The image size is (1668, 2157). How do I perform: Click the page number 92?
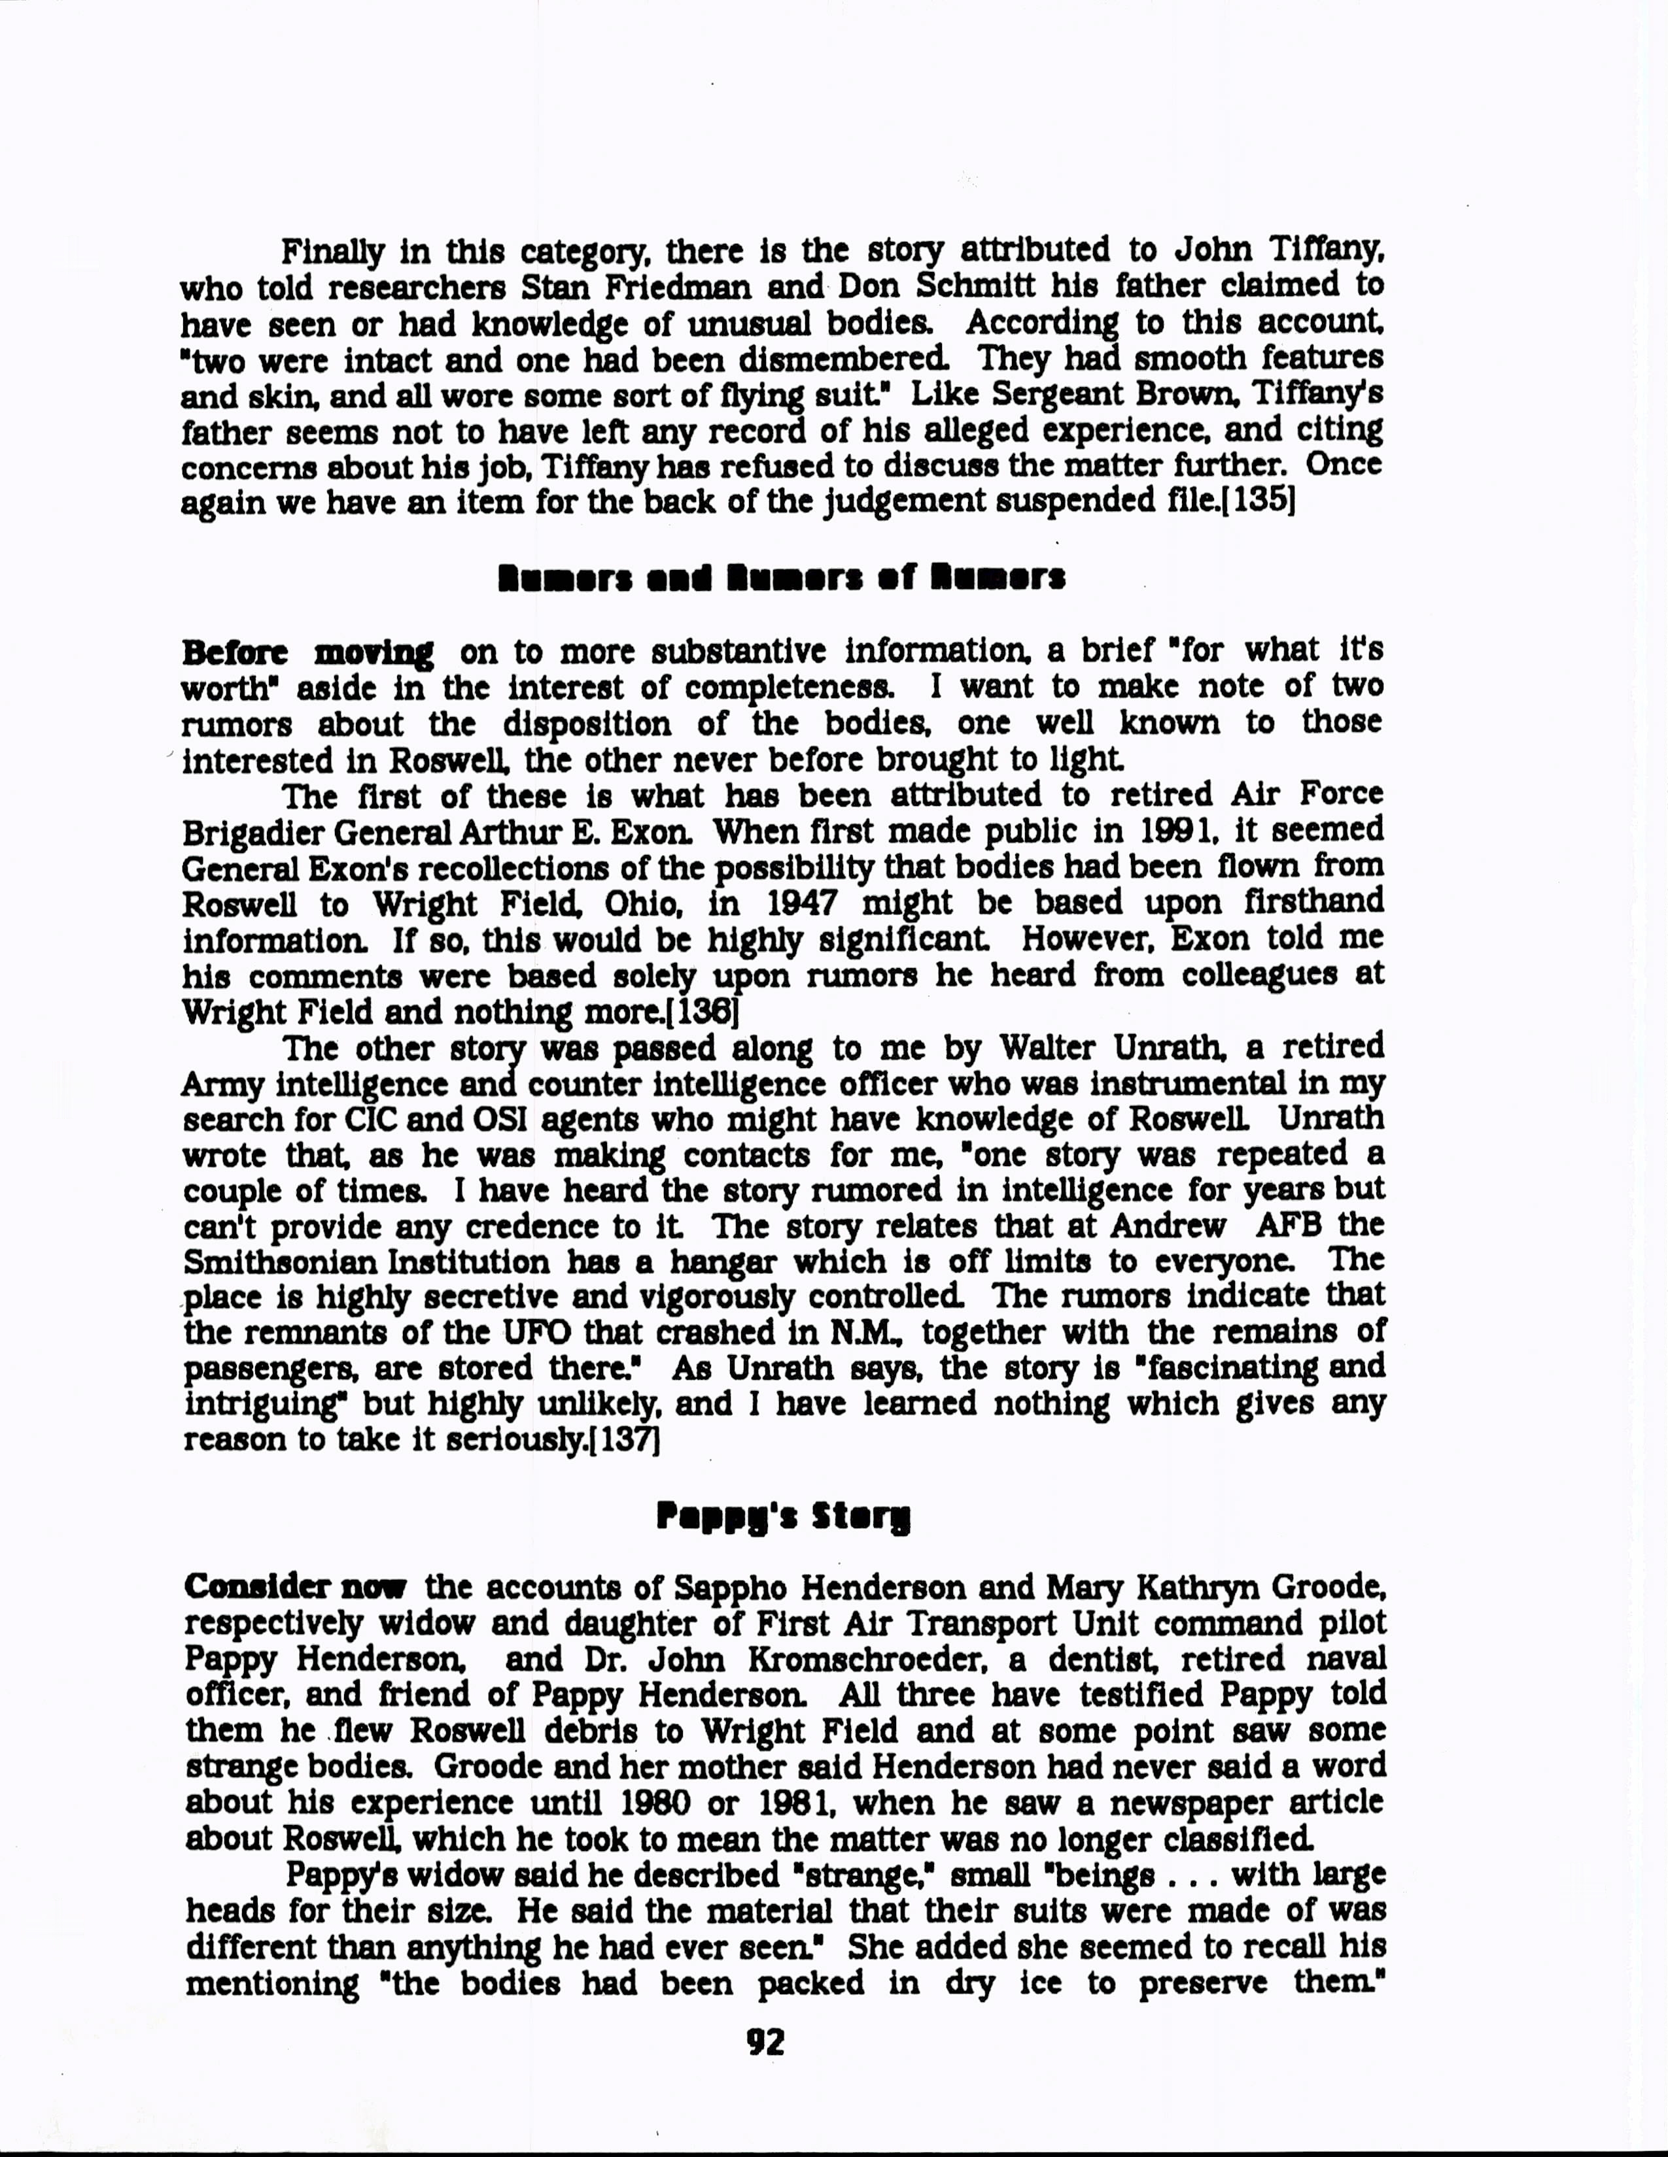(x=766, y=2041)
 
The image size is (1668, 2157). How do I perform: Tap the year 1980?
(x=650, y=1803)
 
